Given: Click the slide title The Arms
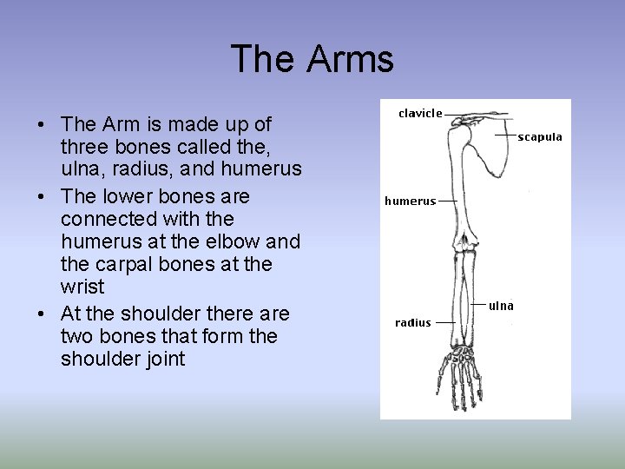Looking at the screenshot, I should click(x=312, y=60).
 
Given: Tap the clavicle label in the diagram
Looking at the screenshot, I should click(x=420, y=113).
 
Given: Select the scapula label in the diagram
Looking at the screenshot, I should click(x=540, y=136).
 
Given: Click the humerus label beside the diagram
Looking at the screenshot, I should click(x=410, y=201).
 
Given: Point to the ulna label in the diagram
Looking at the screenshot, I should click(x=501, y=305).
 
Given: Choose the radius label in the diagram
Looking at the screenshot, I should click(x=412, y=322).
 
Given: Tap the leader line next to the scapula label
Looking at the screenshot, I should click(x=505, y=136).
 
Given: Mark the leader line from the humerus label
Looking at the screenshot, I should click(x=448, y=200).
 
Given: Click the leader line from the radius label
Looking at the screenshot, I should click(x=445, y=322).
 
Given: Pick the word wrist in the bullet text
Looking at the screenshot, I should click(x=82, y=287).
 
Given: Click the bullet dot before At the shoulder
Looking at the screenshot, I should click(x=42, y=314).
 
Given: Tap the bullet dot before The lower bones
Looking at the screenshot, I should click(x=42, y=197).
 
